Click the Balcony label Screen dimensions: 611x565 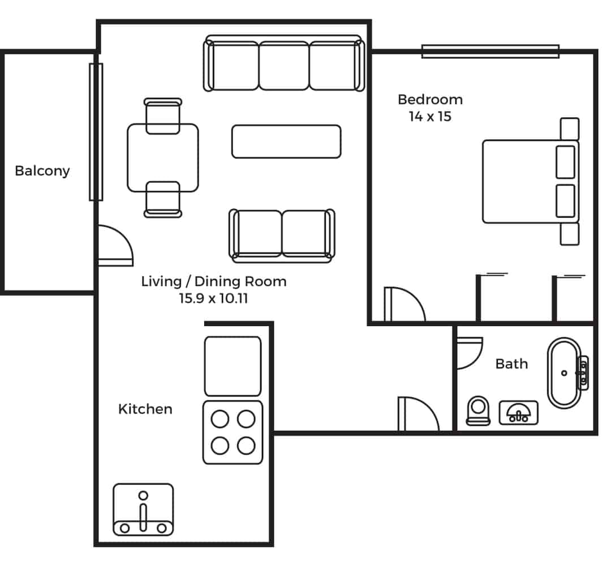(x=42, y=171)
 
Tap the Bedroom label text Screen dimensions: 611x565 (x=430, y=100)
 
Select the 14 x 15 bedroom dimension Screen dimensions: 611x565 (x=430, y=116)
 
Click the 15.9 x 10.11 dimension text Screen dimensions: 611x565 (x=213, y=298)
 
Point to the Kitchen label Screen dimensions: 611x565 (x=145, y=409)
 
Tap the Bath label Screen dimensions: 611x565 (x=511, y=364)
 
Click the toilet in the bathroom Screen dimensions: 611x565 (x=478, y=410)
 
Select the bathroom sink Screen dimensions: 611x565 (x=519, y=413)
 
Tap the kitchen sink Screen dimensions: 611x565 (x=143, y=510)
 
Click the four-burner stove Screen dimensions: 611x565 (x=233, y=433)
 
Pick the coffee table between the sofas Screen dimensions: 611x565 (x=286, y=142)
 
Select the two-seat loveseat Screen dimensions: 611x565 (x=282, y=235)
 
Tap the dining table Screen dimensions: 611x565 (x=163, y=158)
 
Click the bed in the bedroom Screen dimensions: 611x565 (x=531, y=182)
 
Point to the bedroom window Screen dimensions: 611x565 (x=490, y=52)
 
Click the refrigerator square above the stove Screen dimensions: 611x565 (x=233, y=366)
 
